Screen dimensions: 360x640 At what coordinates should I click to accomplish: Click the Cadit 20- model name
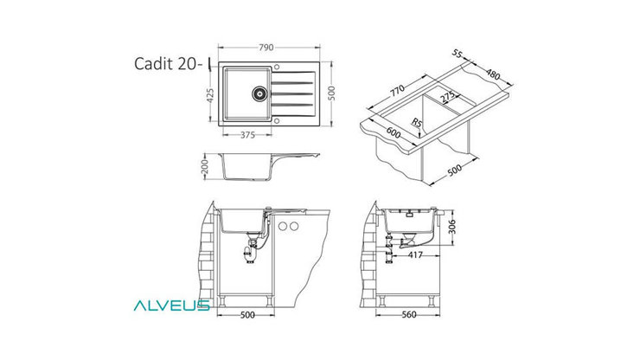tap(168, 64)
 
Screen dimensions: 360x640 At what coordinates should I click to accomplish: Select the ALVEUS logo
tap(170, 305)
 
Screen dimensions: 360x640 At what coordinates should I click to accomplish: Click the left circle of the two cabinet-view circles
tap(284, 226)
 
